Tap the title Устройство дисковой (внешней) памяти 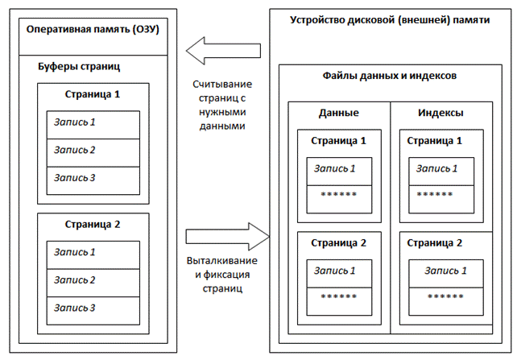389,19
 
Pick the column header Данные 338,114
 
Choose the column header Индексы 440,114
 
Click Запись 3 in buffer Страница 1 75,177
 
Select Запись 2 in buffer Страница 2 75,279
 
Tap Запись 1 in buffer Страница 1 75,122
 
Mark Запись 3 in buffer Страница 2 75,307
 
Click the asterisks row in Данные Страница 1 339,195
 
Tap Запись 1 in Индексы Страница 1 436,168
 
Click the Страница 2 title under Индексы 435,242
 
